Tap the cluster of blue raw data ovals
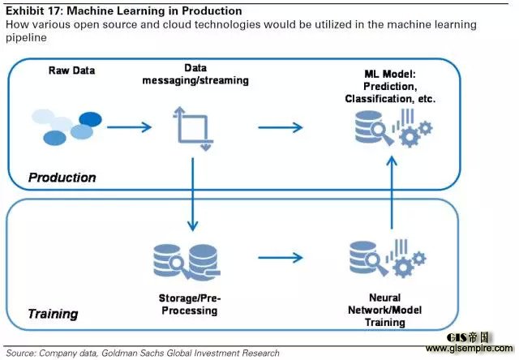[x=69, y=126]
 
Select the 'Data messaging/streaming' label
[x=194, y=75]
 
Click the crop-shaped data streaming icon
[x=194, y=127]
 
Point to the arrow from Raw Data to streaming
[x=130, y=126]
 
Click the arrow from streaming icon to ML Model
[x=281, y=126]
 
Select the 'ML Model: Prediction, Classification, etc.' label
[x=389, y=85]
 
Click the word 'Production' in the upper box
[x=62, y=177]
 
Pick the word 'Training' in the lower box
[x=53, y=313]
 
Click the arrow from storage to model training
[x=281, y=259]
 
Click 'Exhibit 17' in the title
[x=36, y=11]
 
